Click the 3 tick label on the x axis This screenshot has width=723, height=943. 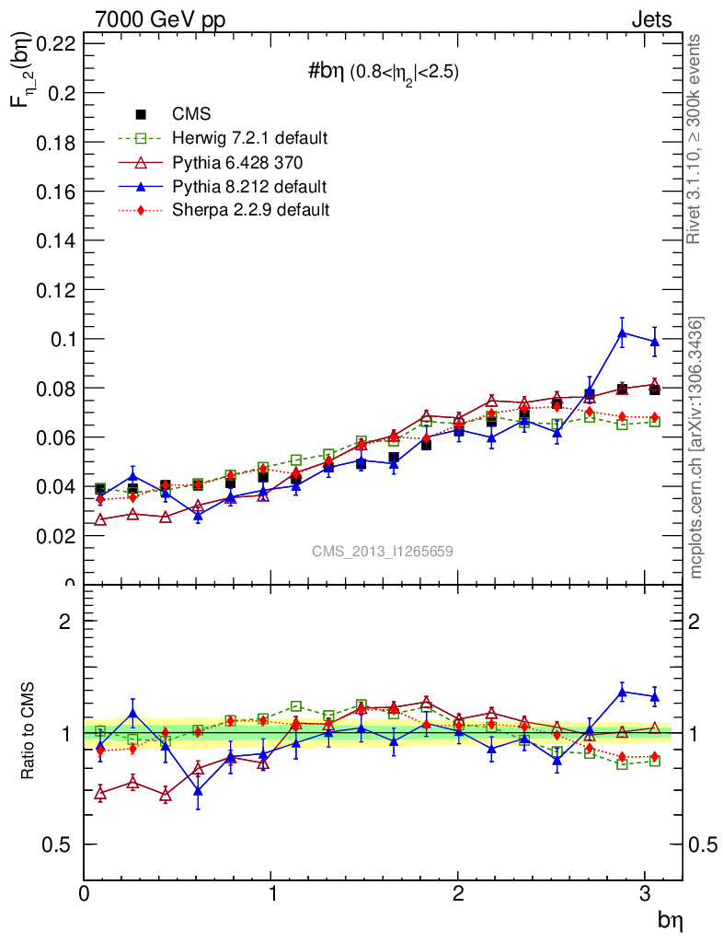[646, 892]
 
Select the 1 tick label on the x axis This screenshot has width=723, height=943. [271, 892]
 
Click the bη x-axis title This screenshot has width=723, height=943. [669, 918]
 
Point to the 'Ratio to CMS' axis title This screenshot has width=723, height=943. [29, 730]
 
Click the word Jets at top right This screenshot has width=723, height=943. [651, 19]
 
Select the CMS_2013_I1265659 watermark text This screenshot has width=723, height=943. [382, 551]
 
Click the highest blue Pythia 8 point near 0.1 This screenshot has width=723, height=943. [623, 332]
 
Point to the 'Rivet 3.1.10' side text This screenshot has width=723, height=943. [695, 138]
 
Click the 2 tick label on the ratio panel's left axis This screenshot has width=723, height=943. [64, 622]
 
